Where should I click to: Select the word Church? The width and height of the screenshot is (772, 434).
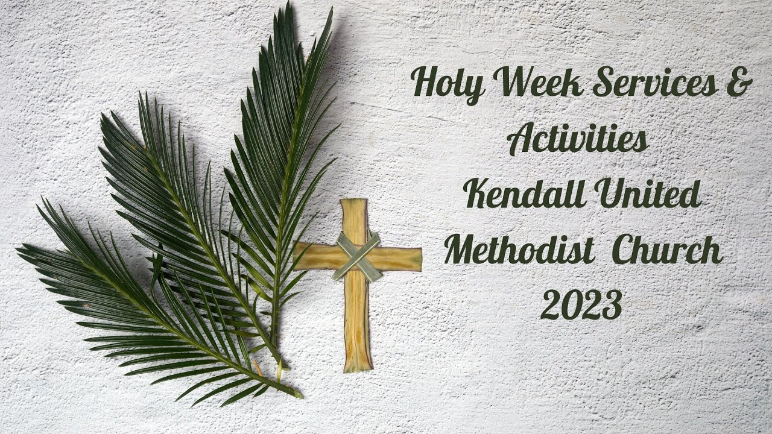[x=670, y=250]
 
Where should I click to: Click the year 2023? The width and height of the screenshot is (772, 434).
[x=581, y=305]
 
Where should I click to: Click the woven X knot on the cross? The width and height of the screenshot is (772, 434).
[x=358, y=256]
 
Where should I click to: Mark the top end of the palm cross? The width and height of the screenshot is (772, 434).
[x=353, y=205]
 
